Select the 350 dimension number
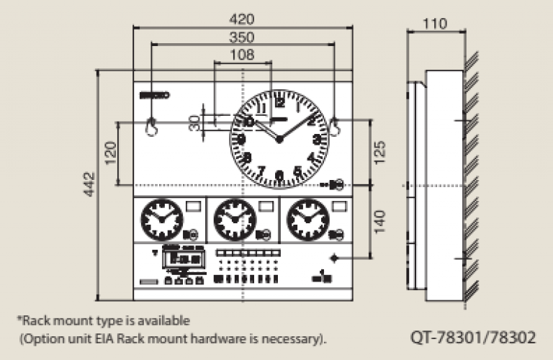tap(242, 37)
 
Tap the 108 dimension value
tap(242, 55)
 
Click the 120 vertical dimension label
tap(110, 153)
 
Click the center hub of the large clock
tap(279, 139)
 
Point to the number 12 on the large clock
tap(279, 102)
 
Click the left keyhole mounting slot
tap(152, 125)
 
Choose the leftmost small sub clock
tap(161, 220)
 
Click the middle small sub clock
tap(235, 220)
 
